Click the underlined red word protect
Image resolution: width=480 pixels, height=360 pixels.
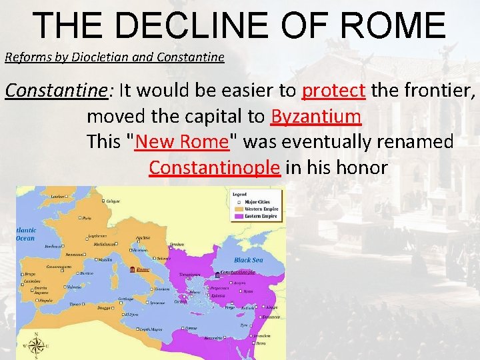click(x=333, y=90)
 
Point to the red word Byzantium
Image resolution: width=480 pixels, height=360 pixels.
click(x=316, y=116)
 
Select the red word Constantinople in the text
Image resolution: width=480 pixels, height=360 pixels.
click(x=214, y=167)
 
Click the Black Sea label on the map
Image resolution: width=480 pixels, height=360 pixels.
click(x=248, y=260)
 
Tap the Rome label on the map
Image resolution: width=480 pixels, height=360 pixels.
click(x=143, y=270)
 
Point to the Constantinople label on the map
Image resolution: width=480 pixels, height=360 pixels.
click(x=238, y=272)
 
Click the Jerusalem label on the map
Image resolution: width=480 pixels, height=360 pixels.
click(x=262, y=335)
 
